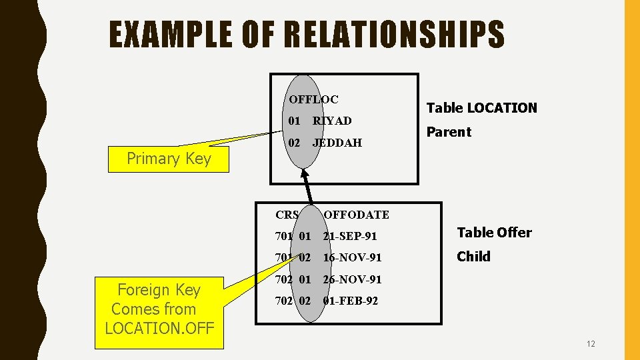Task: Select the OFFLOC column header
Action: [313, 99]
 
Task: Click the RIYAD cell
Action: [332, 121]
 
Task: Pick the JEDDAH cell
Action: [337, 143]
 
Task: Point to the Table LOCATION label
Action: [481, 108]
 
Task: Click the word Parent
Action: [449, 132]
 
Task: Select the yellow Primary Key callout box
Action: [169, 159]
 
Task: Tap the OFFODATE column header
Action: [356, 215]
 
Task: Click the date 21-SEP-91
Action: [350, 236]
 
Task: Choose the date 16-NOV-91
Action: [352, 257]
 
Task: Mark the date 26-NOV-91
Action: [352, 279]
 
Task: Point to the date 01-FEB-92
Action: [350, 301]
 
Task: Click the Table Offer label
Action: [494, 233]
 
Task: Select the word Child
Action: [473, 257]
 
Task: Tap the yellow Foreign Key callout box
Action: [159, 309]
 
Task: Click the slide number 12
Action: [591, 344]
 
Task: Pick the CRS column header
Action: [287, 215]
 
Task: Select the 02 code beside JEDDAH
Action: [294, 143]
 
